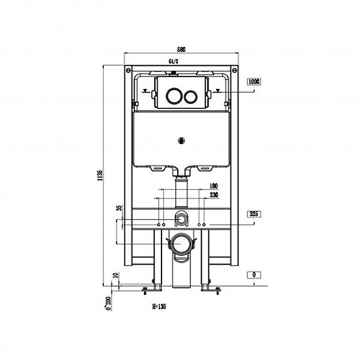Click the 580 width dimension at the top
(181, 49)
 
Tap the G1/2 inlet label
(173, 61)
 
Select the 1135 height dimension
(100, 176)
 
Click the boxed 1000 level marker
(254, 81)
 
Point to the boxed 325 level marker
(254, 214)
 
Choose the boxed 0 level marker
(254, 275)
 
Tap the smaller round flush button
(190, 96)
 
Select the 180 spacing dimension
(213, 186)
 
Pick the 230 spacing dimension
(213, 195)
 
